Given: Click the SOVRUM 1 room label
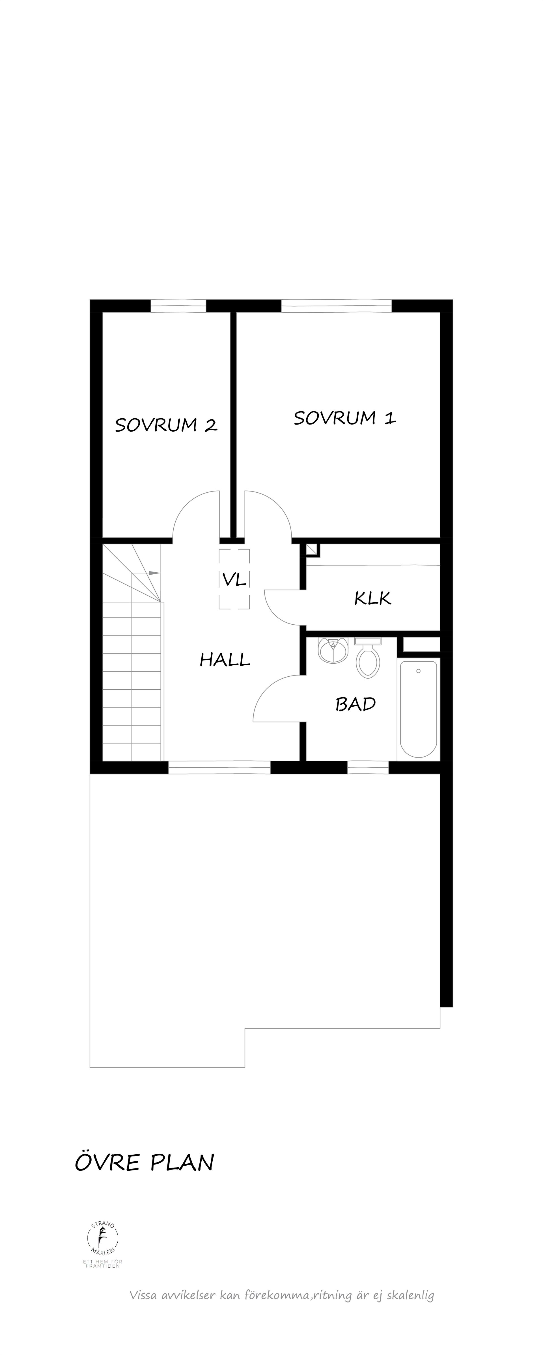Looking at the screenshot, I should click(345, 418).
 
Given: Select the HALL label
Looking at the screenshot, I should click(225, 660).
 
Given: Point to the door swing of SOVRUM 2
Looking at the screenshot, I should click(196, 516).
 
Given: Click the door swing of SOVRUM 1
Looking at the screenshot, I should click(267, 516).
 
